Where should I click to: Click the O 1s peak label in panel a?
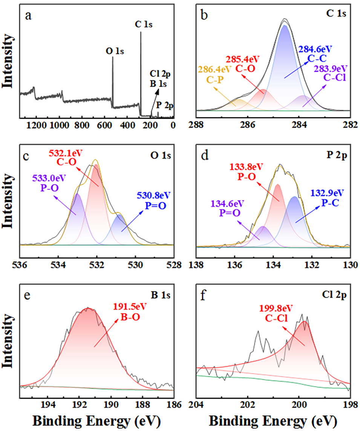115,51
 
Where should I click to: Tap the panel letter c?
26,157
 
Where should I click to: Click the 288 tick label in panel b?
197,124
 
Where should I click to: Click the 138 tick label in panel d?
197,263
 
